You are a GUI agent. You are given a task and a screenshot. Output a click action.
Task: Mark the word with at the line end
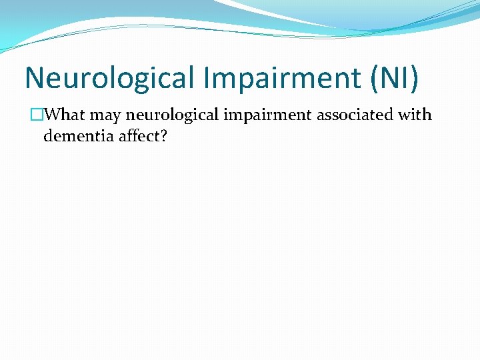tap(415, 115)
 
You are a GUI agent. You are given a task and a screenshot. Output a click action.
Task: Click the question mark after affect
tap(162, 136)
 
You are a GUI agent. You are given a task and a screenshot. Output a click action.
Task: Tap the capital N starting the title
tap(34, 78)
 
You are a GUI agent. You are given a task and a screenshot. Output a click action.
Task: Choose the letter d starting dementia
tap(47, 136)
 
